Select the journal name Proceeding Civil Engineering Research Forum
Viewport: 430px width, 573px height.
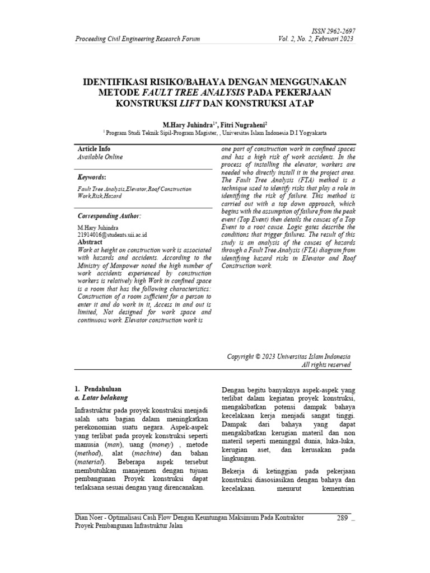[138, 39]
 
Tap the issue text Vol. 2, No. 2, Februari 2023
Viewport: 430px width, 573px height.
[316, 39]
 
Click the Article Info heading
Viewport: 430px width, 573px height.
[94, 149]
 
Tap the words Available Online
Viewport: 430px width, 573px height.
[100, 157]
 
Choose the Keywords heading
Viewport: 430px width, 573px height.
[91, 177]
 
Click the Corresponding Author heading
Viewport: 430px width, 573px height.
[109, 216]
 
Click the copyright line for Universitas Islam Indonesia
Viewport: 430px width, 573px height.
[289, 356]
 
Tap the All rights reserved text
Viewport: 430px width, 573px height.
[326, 365]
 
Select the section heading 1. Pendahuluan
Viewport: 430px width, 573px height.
[98, 388]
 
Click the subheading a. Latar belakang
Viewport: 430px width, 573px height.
[101, 397]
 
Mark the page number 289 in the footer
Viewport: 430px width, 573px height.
[343, 518]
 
